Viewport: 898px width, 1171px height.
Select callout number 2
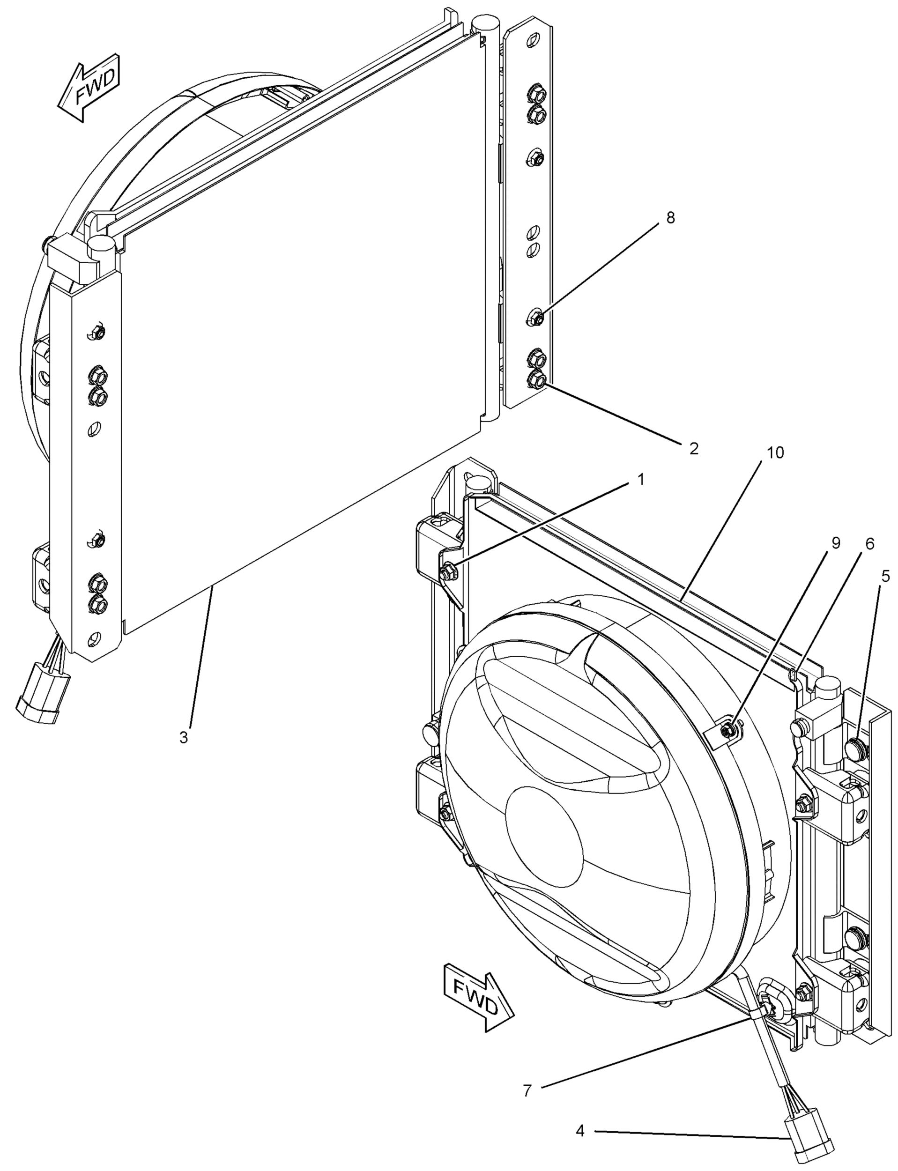click(x=693, y=448)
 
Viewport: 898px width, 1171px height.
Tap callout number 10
click(x=775, y=452)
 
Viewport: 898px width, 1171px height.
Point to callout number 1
click(x=640, y=480)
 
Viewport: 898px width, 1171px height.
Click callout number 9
click(x=835, y=543)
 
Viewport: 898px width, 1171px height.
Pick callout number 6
click(x=870, y=544)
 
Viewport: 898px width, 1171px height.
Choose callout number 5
click(x=886, y=577)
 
